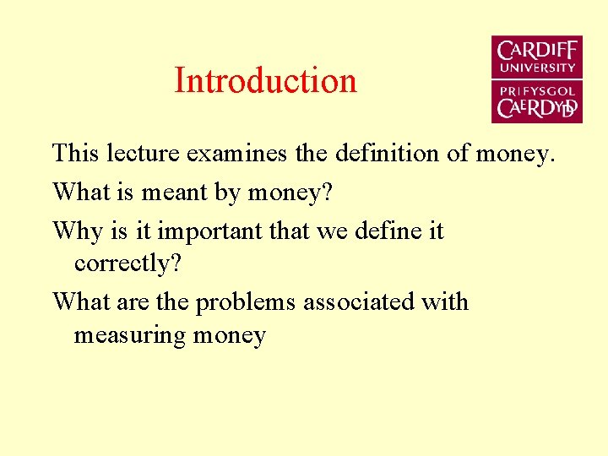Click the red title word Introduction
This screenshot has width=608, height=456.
point(265,81)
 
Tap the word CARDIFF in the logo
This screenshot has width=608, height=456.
point(537,51)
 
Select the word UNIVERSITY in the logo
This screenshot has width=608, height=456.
point(537,68)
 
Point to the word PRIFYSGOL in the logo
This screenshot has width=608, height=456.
point(537,90)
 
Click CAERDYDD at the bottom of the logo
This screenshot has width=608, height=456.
point(537,108)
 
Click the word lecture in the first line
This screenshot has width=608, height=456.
point(140,154)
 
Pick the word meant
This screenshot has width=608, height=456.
point(166,193)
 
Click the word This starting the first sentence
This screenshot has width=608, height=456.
point(73,154)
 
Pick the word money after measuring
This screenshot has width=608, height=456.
point(230,336)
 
